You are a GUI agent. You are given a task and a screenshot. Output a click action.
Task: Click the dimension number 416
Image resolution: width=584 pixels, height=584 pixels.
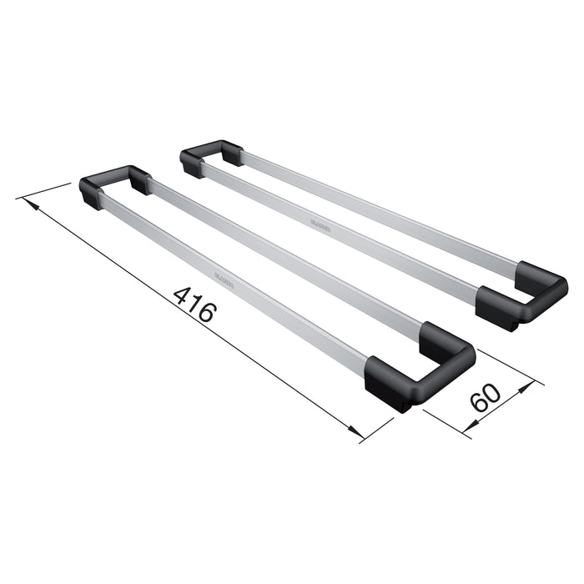click(194, 305)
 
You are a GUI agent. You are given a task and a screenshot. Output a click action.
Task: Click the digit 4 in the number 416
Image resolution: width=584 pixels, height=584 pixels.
click(182, 295)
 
